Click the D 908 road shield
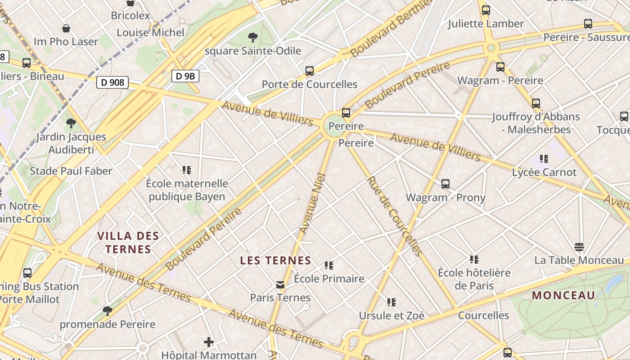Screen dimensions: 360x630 112,82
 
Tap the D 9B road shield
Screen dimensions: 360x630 185,76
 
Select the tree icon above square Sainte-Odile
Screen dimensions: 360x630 253,37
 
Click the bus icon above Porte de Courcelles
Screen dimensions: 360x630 310,71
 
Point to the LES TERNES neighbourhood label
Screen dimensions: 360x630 275,261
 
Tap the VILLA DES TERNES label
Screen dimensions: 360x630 128,243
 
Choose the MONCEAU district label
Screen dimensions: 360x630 563,296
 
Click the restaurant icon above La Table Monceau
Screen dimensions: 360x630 579,247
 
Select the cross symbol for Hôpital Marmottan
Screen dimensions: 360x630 209,342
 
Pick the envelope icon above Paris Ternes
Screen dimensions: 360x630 280,284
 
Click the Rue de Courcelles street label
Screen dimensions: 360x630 394,216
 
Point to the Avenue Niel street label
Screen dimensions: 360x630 312,203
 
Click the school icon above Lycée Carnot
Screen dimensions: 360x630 544,159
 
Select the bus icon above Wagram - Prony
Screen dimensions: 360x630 445,184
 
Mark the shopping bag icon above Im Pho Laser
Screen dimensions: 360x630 66,28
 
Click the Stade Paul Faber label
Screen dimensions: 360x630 71,171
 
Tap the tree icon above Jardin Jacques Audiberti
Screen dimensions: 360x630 71,123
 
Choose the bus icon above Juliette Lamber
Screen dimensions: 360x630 486,10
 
